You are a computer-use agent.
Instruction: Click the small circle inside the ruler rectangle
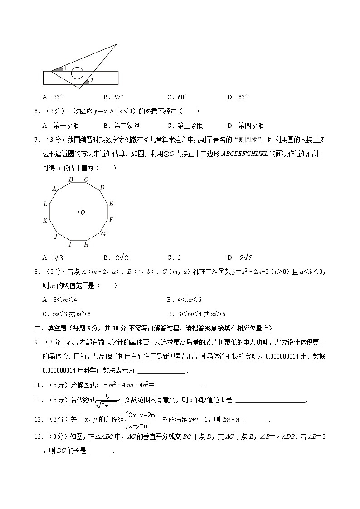click(x=78, y=73)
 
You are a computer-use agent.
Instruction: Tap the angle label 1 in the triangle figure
click(x=65, y=68)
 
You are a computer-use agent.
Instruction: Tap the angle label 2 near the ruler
click(x=92, y=81)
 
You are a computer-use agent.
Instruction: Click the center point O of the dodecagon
click(x=78, y=212)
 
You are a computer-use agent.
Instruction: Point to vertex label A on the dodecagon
click(x=54, y=189)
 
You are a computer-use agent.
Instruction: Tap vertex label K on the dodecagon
click(x=45, y=221)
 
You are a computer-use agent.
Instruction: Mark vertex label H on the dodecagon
click(x=86, y=245)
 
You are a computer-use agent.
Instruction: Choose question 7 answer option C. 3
click(x=174, y=258)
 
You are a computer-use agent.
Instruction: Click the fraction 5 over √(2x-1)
click(x=108, y=401)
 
